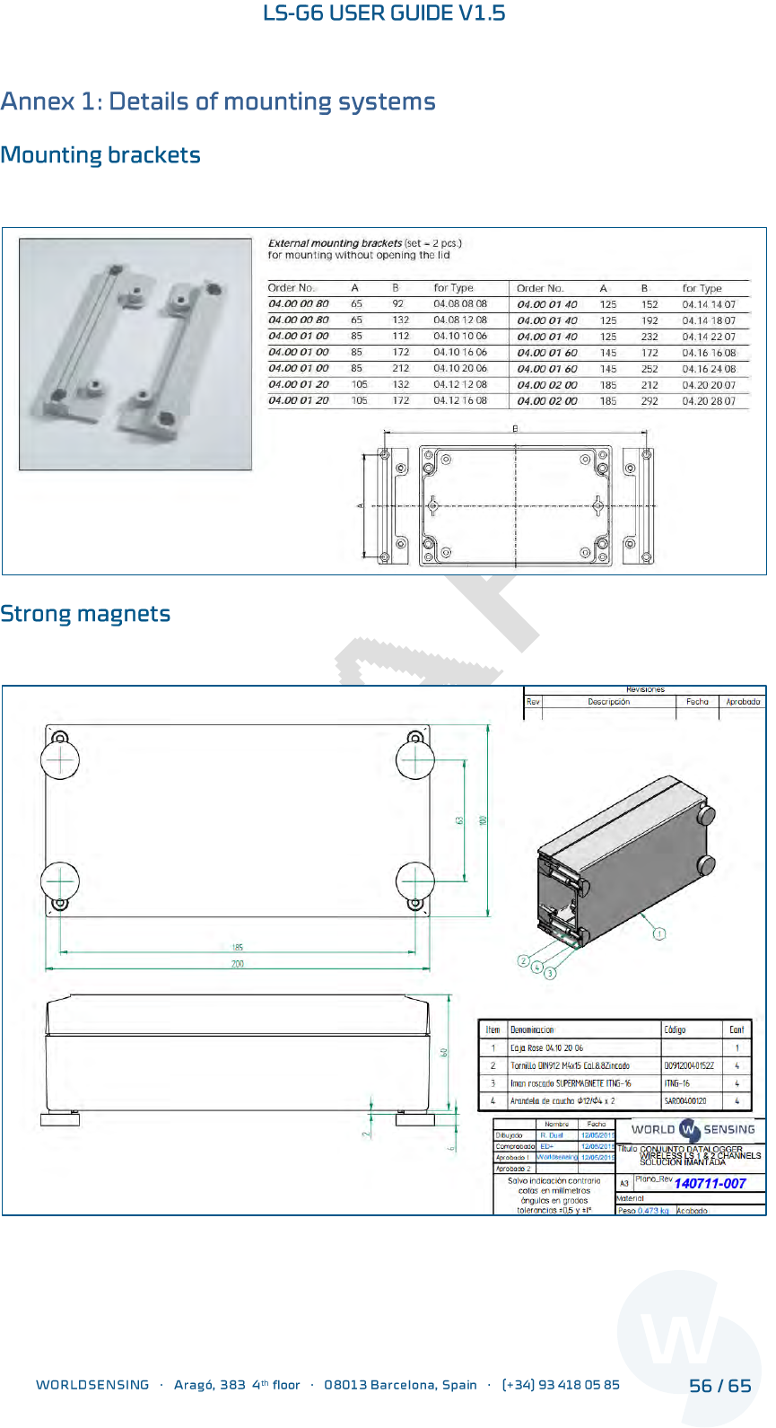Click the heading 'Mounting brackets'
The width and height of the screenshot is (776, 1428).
point(100,155)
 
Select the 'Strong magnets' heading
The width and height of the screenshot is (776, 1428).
point(85,614)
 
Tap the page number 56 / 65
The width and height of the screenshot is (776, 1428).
point(719,1386)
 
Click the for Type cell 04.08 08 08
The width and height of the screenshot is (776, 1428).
point(460,304)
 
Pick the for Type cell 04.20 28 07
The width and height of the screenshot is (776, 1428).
point(709,401)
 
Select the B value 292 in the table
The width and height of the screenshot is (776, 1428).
point(650,401)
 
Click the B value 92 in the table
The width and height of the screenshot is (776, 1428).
point(398,304)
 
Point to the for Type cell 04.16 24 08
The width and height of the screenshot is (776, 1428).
point(709,369)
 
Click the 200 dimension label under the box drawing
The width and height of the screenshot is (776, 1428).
point(238,964)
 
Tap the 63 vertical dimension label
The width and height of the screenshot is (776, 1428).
point(459,820)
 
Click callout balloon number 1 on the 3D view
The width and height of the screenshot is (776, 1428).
point(659,933)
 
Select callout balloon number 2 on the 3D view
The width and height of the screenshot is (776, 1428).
point(524,961)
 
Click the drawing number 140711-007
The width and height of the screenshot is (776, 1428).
point(710,1184)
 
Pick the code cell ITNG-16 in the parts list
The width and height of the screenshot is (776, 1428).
point(677,1083)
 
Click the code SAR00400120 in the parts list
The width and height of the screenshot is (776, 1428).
point(685,1100)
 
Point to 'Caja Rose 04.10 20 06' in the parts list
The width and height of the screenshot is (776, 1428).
point(546,1047)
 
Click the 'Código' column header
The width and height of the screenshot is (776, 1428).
point(675,1029)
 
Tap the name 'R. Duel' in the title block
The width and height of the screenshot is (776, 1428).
point(552,1135)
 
